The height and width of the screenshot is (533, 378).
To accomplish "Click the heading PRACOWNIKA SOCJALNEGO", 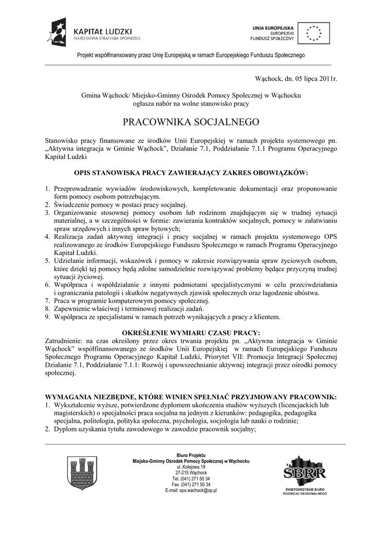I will click(191, 123).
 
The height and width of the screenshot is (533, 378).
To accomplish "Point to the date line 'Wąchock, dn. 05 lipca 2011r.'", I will click(296, 79).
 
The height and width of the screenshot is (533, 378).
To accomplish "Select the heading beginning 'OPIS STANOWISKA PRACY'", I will click(191, 172).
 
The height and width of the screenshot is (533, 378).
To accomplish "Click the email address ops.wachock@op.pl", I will click(191, 490).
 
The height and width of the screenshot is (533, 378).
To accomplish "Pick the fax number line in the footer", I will click(191, 484).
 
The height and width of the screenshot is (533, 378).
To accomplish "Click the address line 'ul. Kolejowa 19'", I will click(191, 467).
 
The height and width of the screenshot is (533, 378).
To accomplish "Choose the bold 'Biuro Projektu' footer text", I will click(191, 455).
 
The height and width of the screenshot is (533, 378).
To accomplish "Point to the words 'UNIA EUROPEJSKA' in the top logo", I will click(273, 27).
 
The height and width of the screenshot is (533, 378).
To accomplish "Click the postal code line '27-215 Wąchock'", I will click(191, 473).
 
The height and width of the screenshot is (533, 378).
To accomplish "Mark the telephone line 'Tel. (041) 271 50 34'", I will click(191, 478).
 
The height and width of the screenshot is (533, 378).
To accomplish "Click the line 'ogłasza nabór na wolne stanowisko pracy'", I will click(191, 104).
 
